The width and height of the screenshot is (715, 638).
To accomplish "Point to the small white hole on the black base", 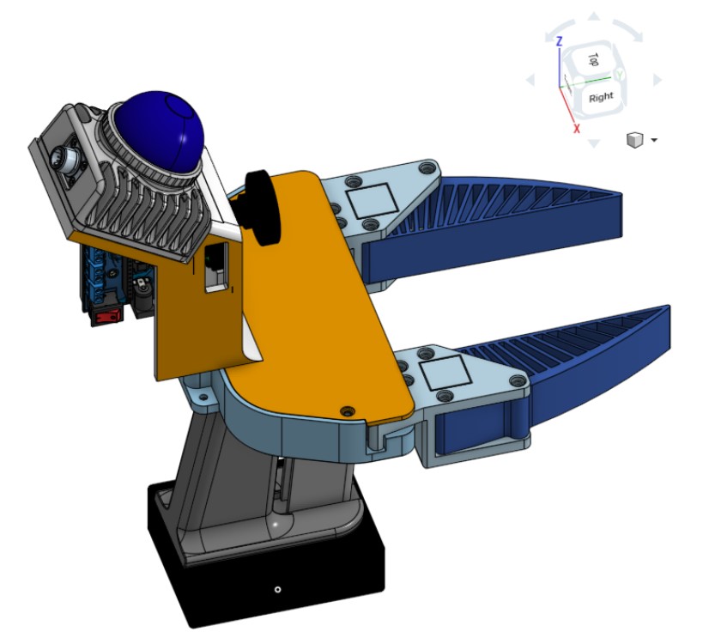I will coord(276,589).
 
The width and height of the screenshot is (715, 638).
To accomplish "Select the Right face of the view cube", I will coord(601,96).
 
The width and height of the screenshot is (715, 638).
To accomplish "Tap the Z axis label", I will coord(559,40).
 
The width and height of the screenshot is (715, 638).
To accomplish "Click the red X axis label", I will coord(576,128).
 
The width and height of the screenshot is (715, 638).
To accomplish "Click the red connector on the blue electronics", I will coord(106,319).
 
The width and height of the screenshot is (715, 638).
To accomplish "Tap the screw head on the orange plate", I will coord(347,410).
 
